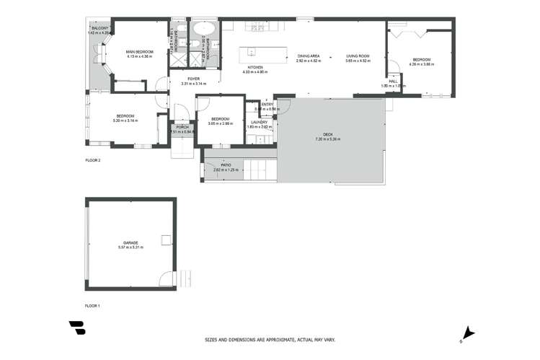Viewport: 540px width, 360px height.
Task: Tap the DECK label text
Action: (327, 134)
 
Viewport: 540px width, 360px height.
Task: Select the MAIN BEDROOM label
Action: (140, 52)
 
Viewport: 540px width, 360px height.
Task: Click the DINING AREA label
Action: (309, 56)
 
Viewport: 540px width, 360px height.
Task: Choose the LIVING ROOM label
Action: (358, 56)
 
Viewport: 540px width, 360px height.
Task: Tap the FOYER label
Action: (193, 79)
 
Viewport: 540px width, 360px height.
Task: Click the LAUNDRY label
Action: (259, 122)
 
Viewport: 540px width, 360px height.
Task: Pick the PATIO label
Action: (226, 165)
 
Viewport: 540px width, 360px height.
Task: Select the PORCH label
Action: (182, 128)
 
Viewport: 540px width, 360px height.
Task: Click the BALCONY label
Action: (98, 29)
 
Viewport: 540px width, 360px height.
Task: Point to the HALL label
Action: (393, 82)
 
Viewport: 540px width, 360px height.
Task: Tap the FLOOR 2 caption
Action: (92, 160)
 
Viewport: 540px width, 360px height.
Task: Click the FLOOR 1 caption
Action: (92, 306)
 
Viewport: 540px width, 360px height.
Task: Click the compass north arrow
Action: (469, 333)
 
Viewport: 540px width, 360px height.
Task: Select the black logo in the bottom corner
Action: (77, 328)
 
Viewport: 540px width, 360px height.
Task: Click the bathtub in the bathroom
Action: (201, 30)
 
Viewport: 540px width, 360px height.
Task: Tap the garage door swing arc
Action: (167, 278)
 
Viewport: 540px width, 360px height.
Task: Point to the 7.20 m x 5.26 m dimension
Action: (327, 139)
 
